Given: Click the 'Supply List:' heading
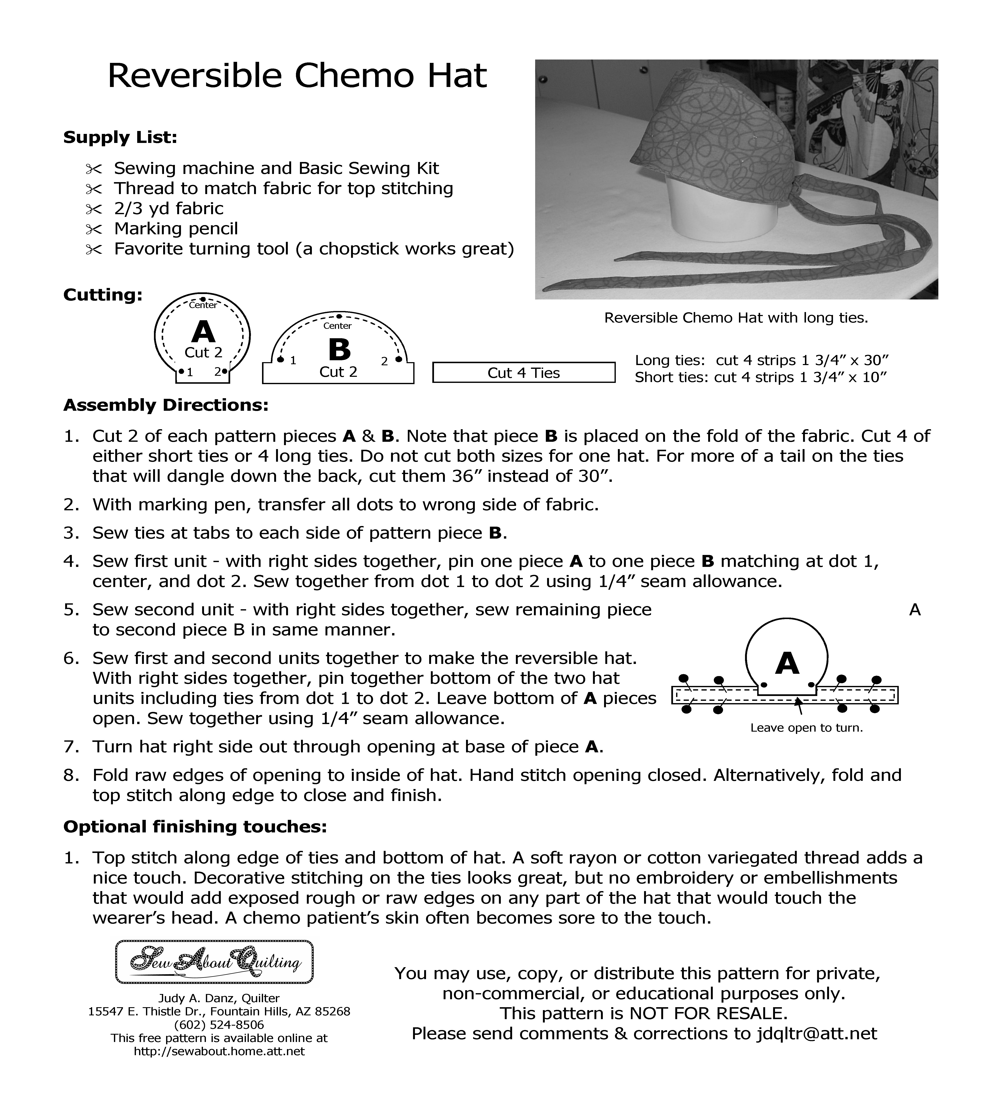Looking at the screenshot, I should point(120,137).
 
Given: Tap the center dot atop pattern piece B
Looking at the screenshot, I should point(339,316).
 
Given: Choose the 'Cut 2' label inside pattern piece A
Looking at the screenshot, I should point(204,352).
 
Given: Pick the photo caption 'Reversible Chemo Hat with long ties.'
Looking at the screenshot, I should point(736,318).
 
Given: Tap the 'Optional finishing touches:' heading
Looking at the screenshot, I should point(195,827).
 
